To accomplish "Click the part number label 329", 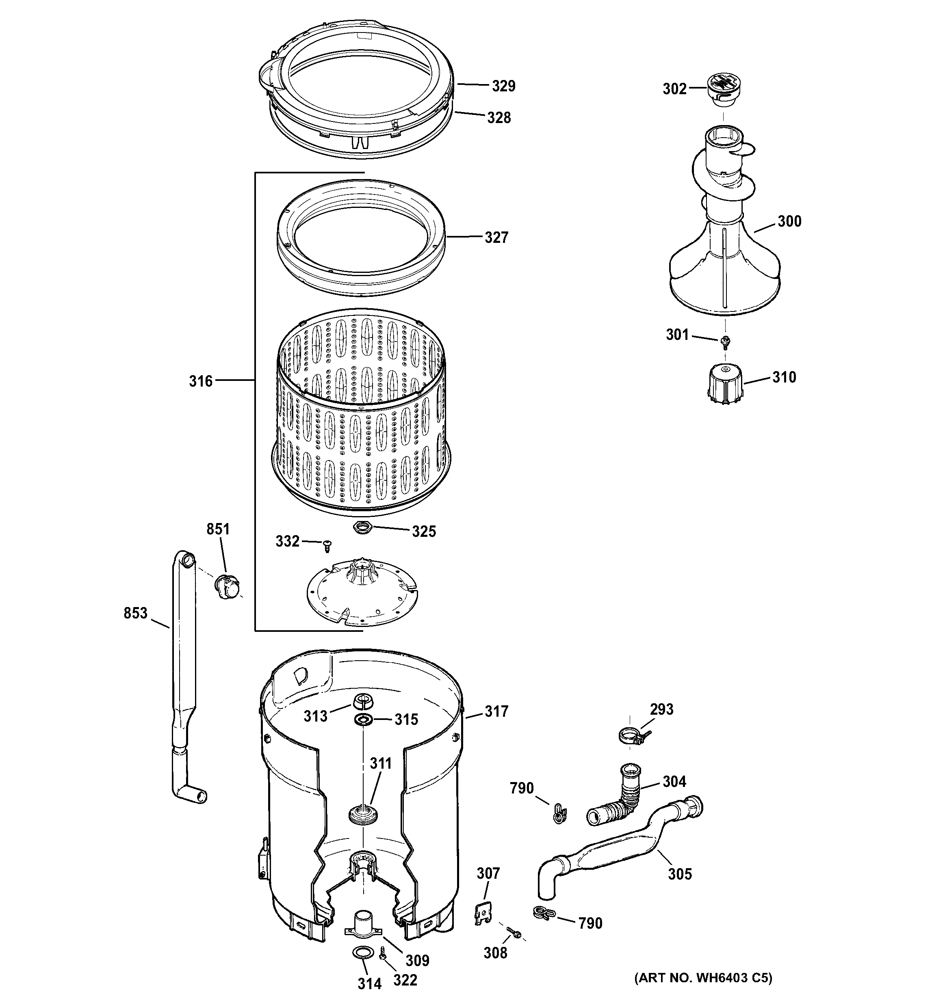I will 503,86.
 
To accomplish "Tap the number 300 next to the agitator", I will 789,221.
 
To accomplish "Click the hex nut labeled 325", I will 363,528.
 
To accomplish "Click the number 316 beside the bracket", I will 201,381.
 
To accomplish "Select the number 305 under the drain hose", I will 679,874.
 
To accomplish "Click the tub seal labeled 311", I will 363,815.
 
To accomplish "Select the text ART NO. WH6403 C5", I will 703,978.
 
